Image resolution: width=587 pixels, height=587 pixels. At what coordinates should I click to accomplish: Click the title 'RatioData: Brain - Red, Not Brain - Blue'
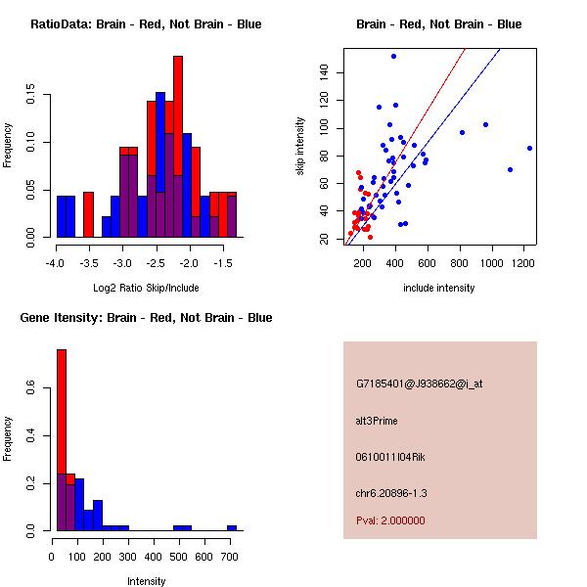point(146,24)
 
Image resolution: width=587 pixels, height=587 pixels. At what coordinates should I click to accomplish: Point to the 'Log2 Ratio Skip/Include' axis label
point(146,288)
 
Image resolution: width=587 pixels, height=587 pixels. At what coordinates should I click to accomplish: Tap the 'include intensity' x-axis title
point(439,288)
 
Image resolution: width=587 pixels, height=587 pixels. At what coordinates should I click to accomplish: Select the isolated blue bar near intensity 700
point(232,528)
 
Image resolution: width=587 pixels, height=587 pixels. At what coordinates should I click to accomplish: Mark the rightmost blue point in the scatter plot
point(529,148)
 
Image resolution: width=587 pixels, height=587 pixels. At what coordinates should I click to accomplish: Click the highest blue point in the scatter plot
point(393,56)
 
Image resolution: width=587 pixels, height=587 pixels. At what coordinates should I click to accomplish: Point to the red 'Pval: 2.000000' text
point(390,520)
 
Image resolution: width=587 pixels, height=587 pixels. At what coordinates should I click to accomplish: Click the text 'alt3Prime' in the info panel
point(377,421)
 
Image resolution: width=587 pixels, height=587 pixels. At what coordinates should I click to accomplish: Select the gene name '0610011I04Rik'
point(391,457)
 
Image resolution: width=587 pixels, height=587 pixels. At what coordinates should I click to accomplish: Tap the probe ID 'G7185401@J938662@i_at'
point(419,384)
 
